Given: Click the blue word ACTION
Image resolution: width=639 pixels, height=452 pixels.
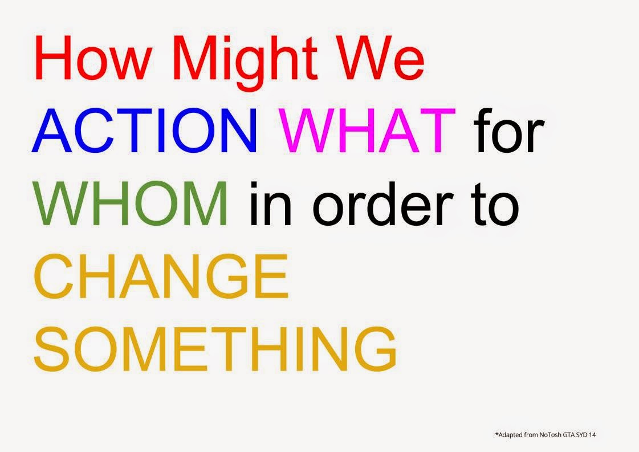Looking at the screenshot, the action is click(145, 130).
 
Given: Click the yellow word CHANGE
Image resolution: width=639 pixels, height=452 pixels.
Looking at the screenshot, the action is click(161, 276).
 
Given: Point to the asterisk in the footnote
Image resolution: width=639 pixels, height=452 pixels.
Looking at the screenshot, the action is click(496, 434).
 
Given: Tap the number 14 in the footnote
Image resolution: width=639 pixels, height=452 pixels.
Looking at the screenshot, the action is click(592, 435).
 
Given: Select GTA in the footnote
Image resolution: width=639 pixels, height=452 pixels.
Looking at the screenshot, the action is click(569, 435).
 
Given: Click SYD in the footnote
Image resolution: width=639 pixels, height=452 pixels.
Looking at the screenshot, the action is click(581, 435).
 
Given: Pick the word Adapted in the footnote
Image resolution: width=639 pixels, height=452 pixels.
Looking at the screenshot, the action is click(510, 435).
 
